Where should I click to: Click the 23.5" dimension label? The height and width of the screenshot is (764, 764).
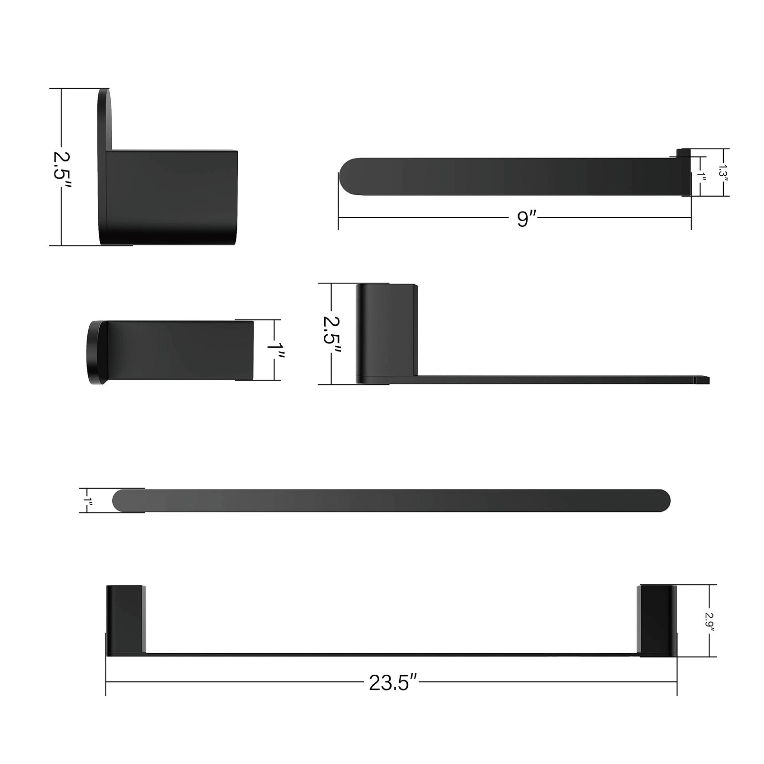[x=393, y=683]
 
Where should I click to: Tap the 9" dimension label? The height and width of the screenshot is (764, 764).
[x=524, y=219]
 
